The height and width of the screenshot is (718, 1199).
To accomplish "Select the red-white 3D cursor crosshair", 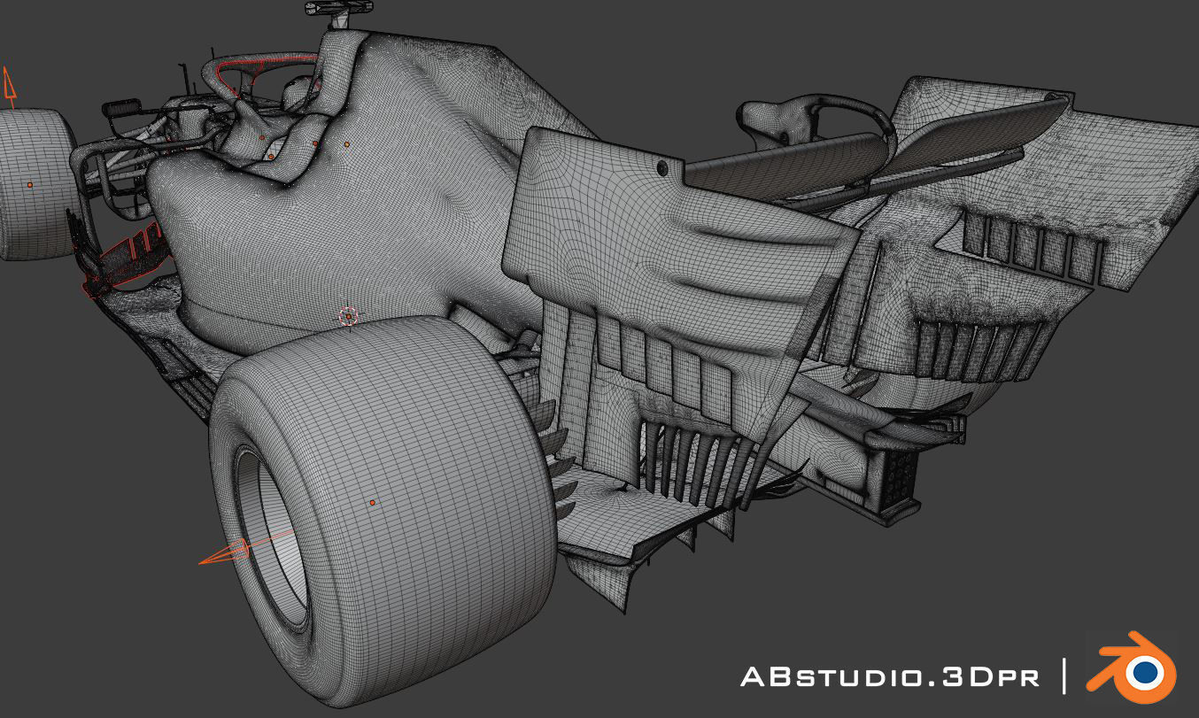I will (349, 316).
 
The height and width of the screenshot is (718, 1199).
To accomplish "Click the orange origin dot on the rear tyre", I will (372, 503).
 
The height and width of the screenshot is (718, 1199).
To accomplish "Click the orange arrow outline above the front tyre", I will (9, 86).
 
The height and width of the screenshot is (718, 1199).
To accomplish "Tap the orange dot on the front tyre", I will (29, 185).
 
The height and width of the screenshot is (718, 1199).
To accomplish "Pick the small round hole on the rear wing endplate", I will (661, 166).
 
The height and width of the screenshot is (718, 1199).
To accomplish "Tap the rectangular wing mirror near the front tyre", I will (121, 110).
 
